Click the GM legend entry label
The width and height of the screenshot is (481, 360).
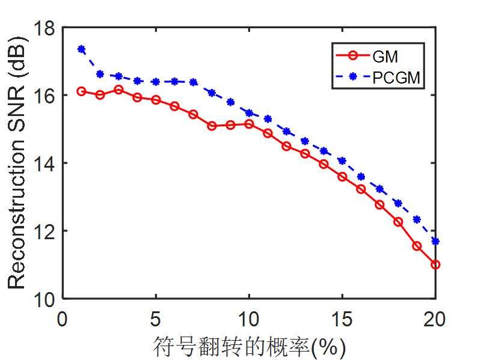(x=385, y=57)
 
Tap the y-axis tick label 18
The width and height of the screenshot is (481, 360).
(x=44, y=28)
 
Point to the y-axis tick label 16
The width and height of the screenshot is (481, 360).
(x=44, y=96)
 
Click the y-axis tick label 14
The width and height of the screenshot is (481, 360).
(x=44, y=163)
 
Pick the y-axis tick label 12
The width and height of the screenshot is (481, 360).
(x=44, y=231)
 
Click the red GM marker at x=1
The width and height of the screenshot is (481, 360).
(x=81, y=91)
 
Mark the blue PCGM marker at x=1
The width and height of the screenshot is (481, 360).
(x=81, y=49)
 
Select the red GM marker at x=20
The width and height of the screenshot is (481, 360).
(x=435, y=264)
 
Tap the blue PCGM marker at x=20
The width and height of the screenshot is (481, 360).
(x=435, y=241)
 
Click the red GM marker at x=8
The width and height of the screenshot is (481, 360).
(x=212, y=126)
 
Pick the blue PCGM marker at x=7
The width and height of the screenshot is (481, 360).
(x=193, y=82)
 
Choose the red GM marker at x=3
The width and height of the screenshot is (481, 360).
(x=118, y=90)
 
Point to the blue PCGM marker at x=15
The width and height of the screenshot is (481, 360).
(x=342, y=160)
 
